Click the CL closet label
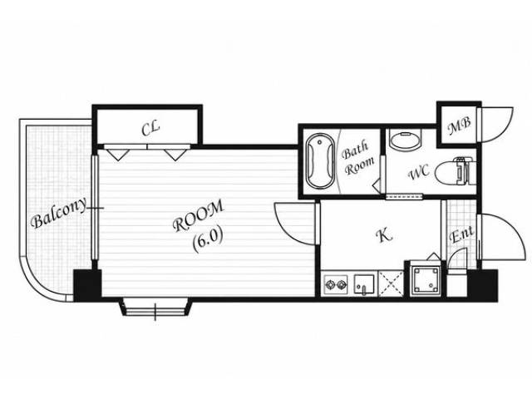coord(150,129)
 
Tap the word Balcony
coord(59,213)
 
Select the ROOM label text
coord(199,216)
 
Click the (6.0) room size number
coord(208,240)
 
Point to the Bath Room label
coord(358,158)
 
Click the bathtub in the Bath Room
coord(320,160)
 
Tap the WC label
coord(419,173)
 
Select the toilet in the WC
coord(455,171)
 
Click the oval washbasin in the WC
coord(405,140)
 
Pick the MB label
coord(459,126)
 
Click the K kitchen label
coord(386,235)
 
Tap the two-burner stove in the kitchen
coord(336,284)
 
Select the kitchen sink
coord(364,284)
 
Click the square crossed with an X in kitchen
coord(391,284)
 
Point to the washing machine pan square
coord(425,279)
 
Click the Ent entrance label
coord(462,234)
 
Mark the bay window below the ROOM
coord(155,308)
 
